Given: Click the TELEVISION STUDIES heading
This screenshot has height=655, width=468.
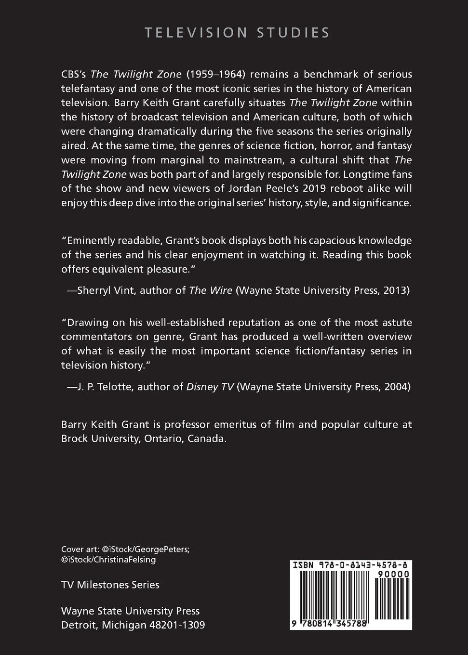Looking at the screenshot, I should pyautogui.click(x=237, y=33).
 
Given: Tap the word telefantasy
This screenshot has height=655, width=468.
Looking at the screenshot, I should pyautogui.click(x=86, y=89).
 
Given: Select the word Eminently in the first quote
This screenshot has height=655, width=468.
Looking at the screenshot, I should pyautogui.click(x=89, y=240).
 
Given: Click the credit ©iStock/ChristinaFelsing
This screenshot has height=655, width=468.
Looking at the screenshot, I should pyautogui.click(x=108, y=560).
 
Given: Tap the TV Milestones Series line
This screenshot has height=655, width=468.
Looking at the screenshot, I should pyautogui.click(x=110, y=585).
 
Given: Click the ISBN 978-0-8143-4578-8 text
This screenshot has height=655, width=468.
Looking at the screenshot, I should pyautogui.click(x=351, y=565).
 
